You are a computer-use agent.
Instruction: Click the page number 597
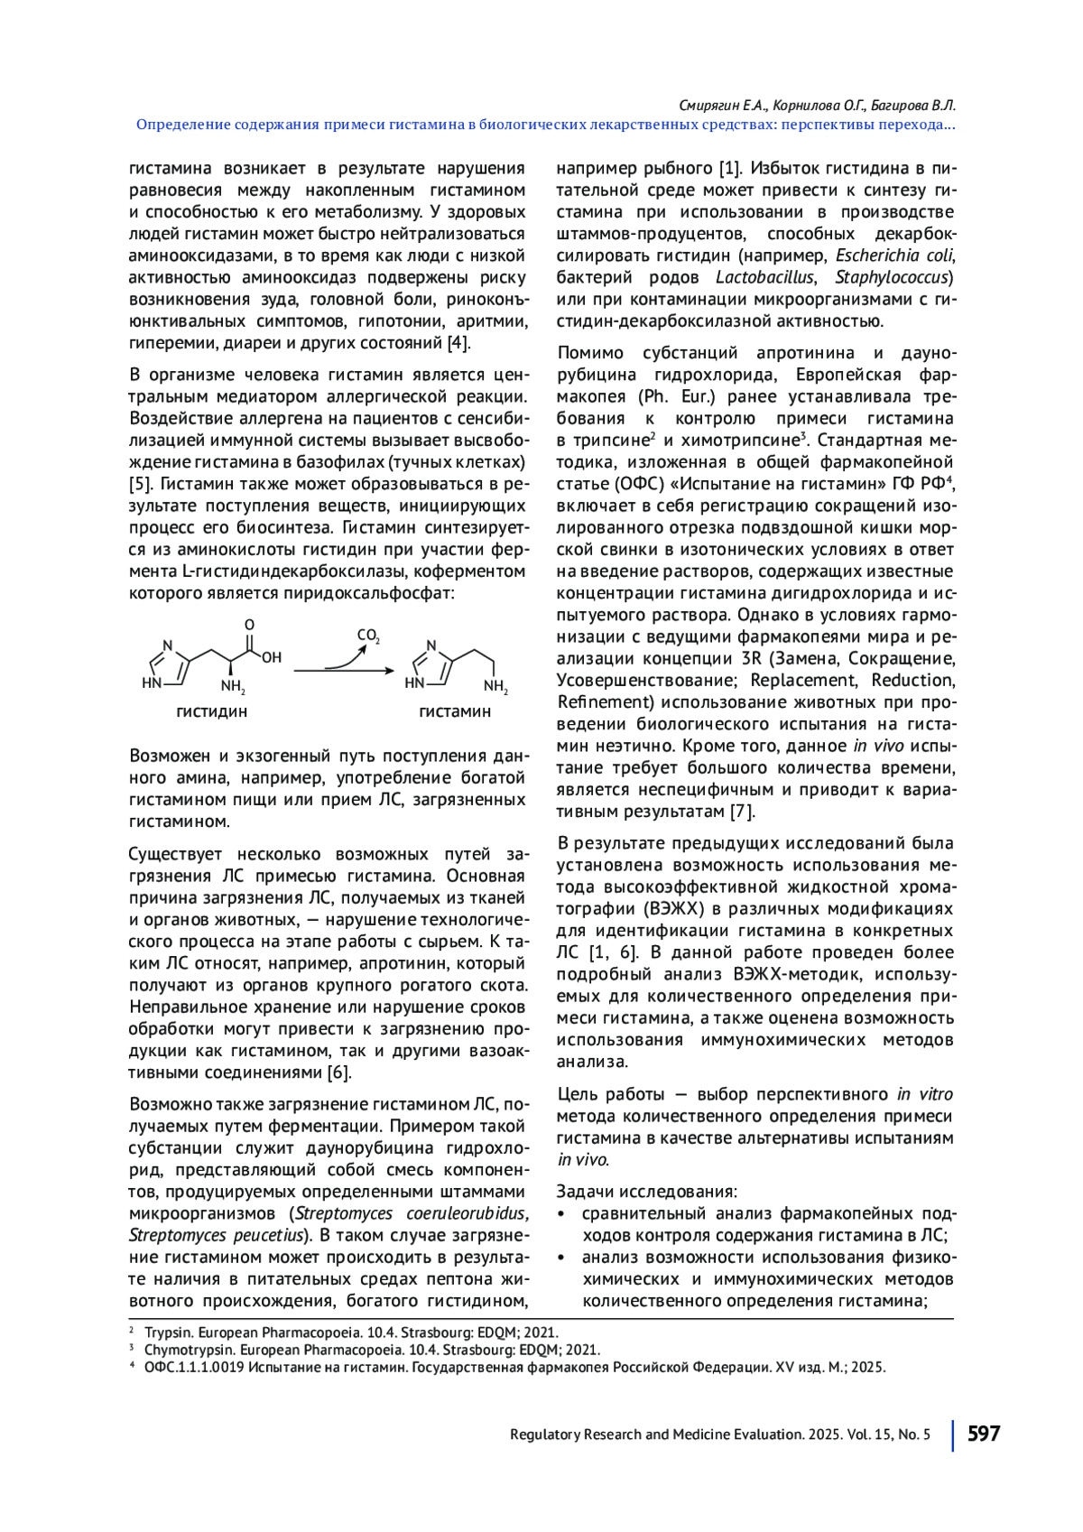[x=984, y=1434]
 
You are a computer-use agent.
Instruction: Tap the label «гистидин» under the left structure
[x=211, y=711]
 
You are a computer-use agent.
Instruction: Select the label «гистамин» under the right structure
[x=455, y=711]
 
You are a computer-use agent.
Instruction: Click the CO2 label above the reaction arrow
[x=368, y=636]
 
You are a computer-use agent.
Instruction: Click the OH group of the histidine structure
[x=272, y=658]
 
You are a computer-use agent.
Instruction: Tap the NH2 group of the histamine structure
[x=495, y=687]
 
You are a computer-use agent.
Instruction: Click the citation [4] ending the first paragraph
[x=458, y=343]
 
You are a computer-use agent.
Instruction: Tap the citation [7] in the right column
[x=742, y=812]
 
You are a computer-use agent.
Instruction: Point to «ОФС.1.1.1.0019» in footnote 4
[x=194, y=1367]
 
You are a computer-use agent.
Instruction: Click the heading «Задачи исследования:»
[x=646, y=1192]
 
